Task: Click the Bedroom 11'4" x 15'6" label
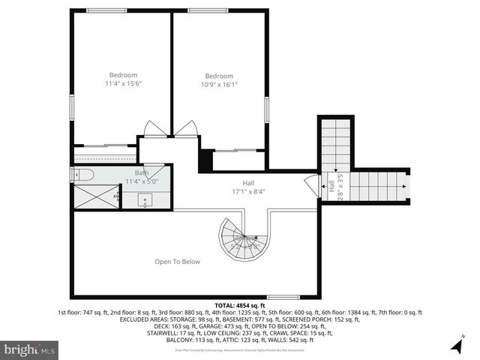(x=124, y=79)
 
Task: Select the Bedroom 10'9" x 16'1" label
(x=219, y=80)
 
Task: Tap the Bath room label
(x=142, y=177)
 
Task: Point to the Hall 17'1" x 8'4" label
(x=248, y=187)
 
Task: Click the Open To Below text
(x=177, y=262)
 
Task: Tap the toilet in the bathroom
(x=82, y=175)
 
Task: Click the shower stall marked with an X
(x=96, y=197)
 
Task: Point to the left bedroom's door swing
(x=156, y=129)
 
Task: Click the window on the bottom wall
(x=283, y=298)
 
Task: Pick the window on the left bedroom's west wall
(x=72, y=105)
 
